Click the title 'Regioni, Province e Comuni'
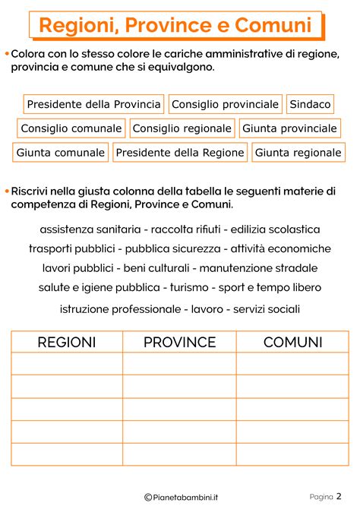(x=175, y=26)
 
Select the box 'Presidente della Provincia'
(x=94, y=104)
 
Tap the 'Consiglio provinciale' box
(x=225, y=104)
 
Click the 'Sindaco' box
(x=311, y=104)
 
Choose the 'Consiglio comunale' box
(x=71, y=128)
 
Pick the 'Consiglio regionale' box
(x=182, y=128)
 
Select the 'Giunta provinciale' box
(x=290, y=128)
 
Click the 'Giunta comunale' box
(x=61, y=153)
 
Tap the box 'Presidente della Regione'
(x=180, y=153)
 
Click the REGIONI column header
(x=67, y=343)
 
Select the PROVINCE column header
(x=180, y=343)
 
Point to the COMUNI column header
(x=293, y=343)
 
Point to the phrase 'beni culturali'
(x=159, y=268)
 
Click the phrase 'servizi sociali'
(x=267, y=309)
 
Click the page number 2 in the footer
(x=339, y=497)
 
